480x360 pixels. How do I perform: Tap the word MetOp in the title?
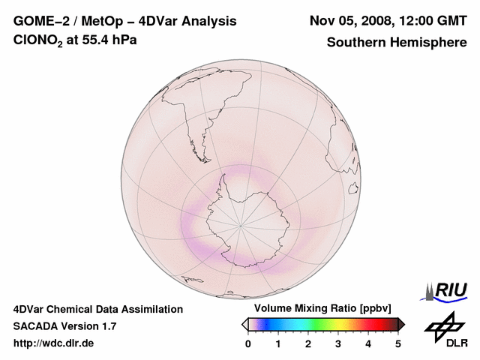tap(103, 21)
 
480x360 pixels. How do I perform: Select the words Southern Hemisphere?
tap(396, 42)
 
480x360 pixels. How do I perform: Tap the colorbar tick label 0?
tap(248, 343)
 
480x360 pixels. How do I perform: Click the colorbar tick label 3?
tap(338, 343)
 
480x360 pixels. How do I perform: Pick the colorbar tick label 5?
tap(398, 343)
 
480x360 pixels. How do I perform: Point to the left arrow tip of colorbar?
tap(244, 324)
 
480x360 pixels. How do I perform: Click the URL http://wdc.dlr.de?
tap(54, 343)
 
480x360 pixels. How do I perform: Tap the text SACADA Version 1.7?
tap(64, 326)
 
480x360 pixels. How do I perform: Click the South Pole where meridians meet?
tap(241, 224)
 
